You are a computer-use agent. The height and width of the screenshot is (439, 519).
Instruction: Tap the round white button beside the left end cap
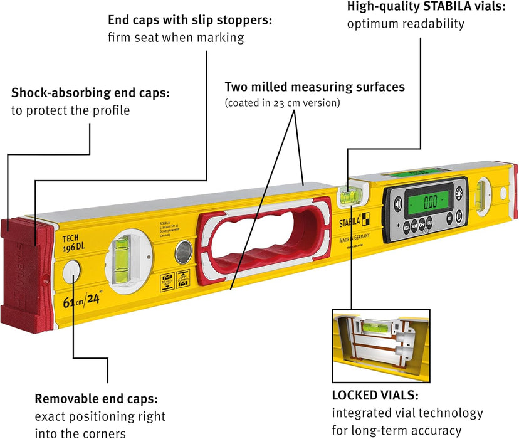(73, 272)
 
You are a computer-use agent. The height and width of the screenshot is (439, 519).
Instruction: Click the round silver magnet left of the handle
(182, 252)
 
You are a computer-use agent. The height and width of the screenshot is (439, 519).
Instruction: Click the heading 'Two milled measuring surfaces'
(315, 87)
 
